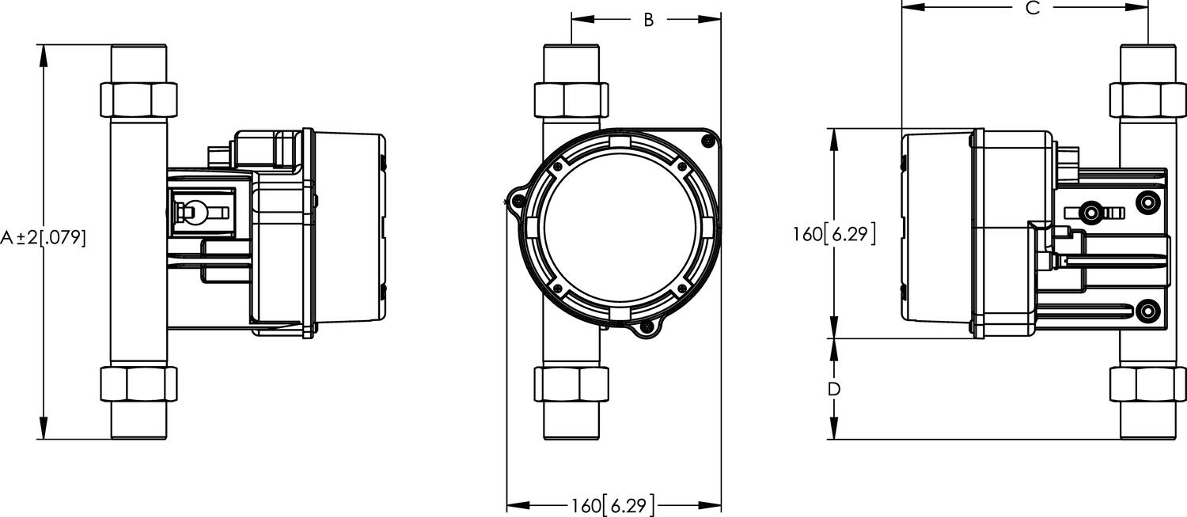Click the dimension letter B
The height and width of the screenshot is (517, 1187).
(x=648, y=20)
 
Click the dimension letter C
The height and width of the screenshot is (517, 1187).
(x=1032, y=8)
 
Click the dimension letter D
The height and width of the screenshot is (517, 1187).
(x=833, y=389)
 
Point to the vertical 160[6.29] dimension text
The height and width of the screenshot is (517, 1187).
(x=834, y=234)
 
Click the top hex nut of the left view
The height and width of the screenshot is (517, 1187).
(x=139, y=98)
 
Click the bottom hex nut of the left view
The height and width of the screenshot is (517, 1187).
(x=139, y=385)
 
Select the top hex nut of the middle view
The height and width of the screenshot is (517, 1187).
(x=572, y=98)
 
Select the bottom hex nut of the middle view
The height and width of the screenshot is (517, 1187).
(x=572, y=385)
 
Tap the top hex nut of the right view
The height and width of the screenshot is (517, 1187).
(x=1147, y=98)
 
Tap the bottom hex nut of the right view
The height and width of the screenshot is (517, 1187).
(x=1147, y=385)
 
